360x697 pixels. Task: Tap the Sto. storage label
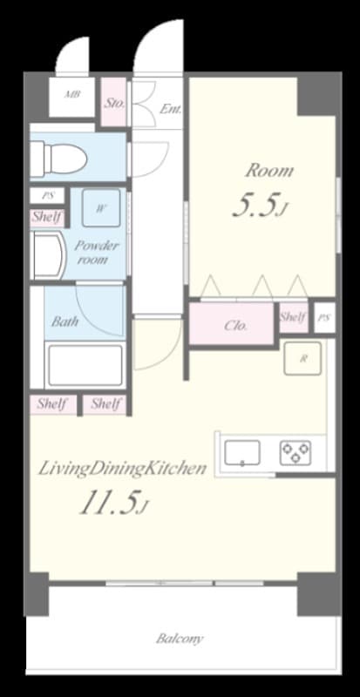[114, 103]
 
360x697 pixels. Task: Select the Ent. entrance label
[171, 109]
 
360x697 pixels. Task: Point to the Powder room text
[97, 253]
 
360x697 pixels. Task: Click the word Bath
[65, 321]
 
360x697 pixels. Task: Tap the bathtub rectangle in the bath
[85, 364]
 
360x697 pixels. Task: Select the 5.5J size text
[258, 205]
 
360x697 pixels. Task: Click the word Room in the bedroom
[268, 170]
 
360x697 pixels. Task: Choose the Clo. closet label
[236, 326]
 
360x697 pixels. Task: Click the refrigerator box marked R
[302, 358]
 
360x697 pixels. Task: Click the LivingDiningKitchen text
[122, 469]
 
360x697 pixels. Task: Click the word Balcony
[180, 639]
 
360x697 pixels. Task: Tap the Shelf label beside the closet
[293, 318]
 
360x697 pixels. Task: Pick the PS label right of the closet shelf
[324, 318]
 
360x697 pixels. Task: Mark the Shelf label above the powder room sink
[46, 217]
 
